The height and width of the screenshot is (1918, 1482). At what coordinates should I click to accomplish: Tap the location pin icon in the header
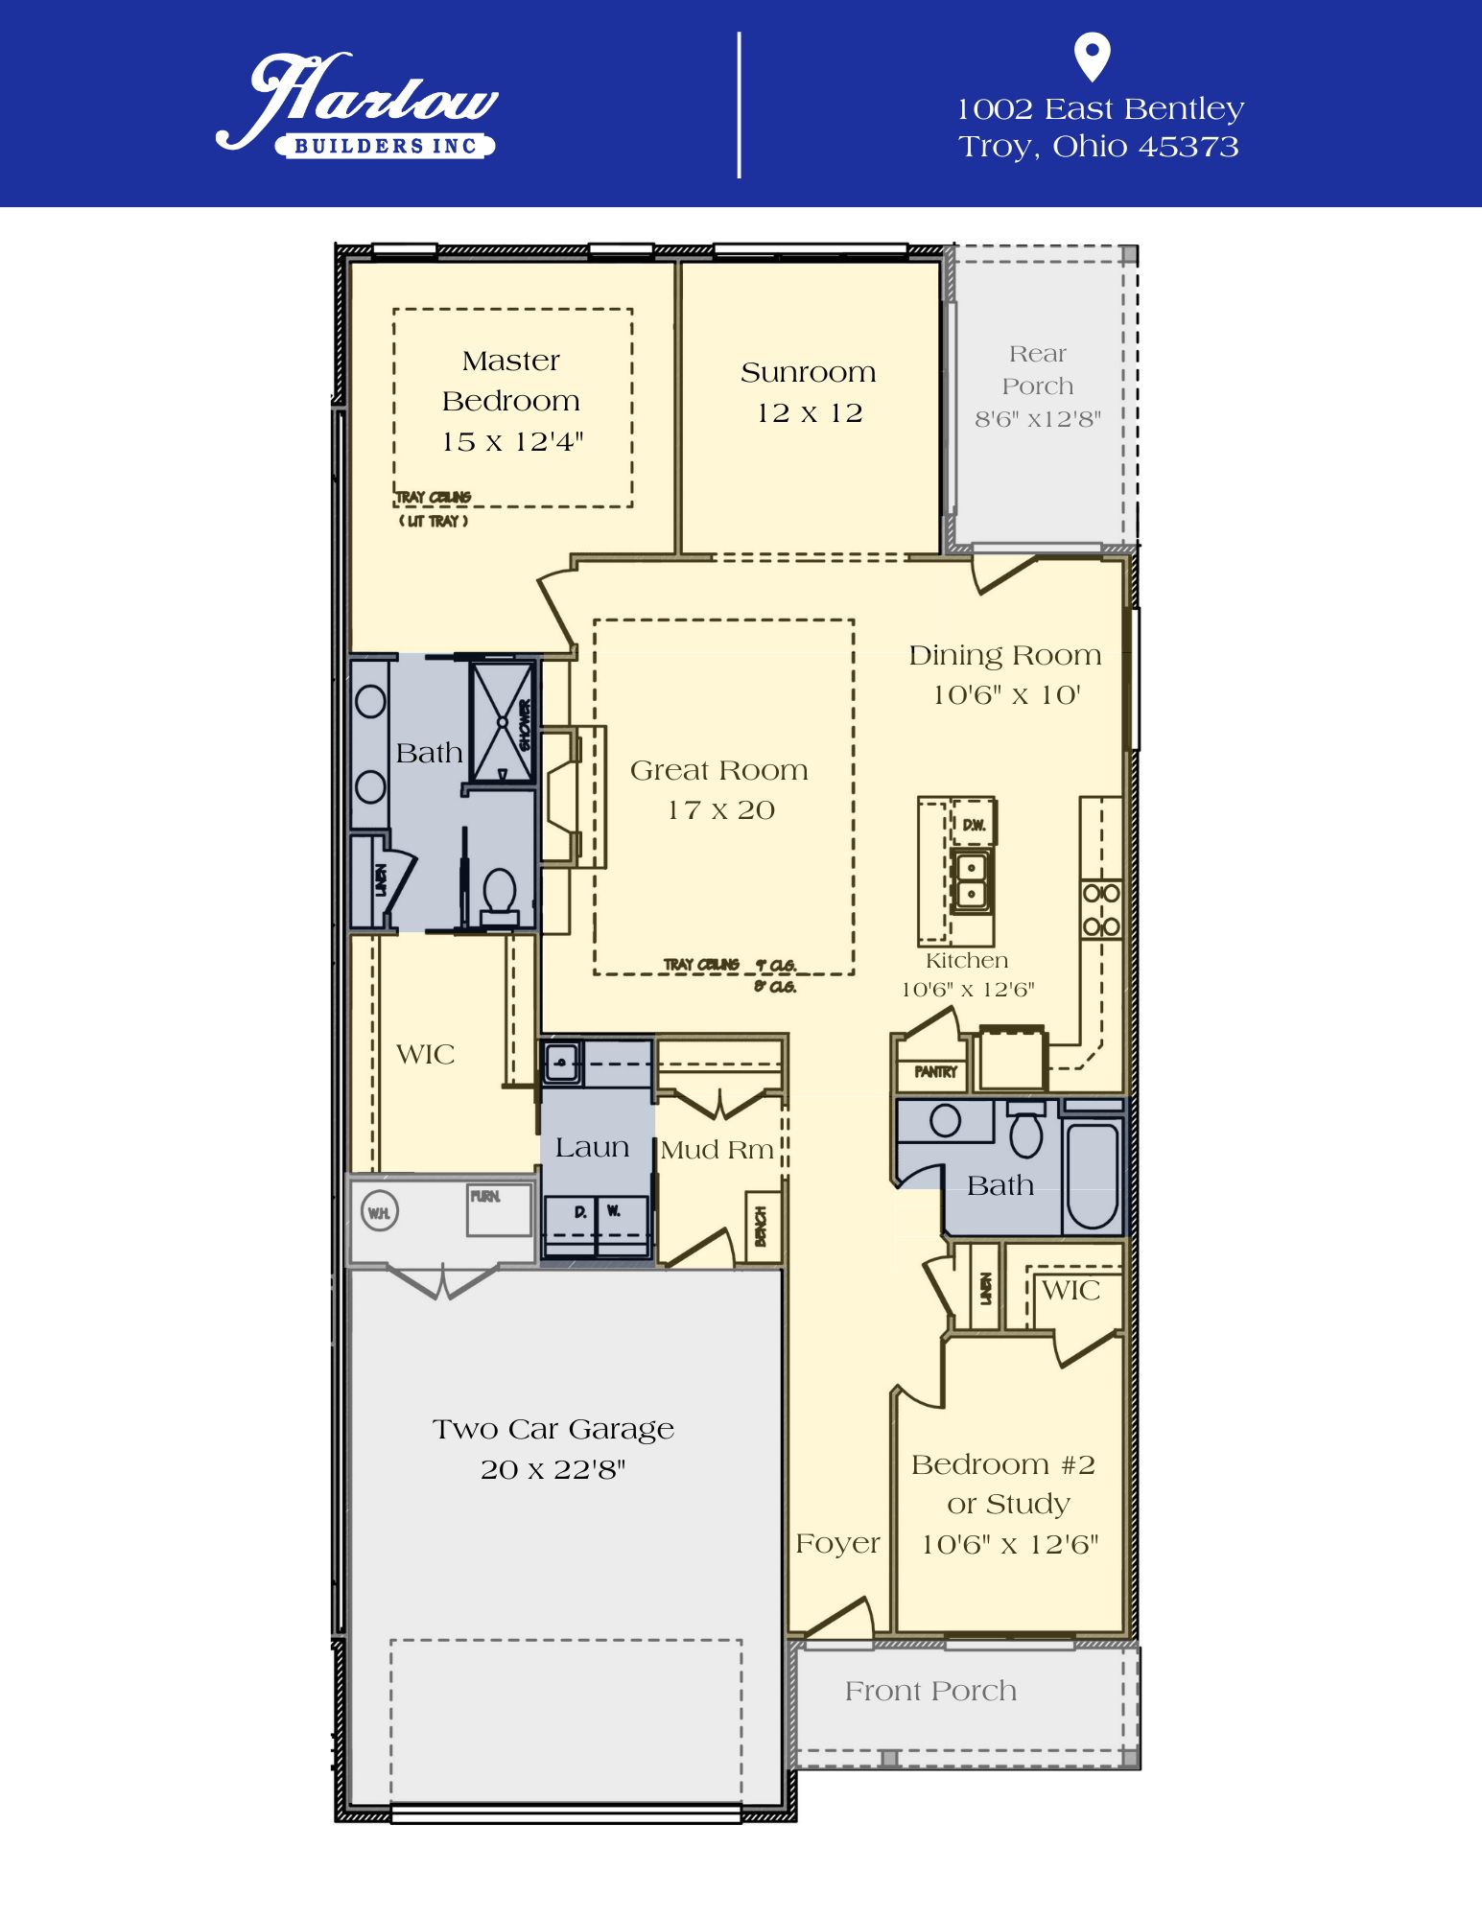click(x=1092, y=57)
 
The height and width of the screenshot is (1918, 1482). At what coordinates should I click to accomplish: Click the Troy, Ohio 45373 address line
click(x=1098, y=147)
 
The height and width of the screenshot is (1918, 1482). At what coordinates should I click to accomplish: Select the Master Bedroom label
click(x=511, y=381)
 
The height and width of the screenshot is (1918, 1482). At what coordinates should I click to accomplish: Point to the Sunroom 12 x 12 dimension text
click(x=809, y=412)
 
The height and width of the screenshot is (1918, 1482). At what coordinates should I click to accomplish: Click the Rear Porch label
click(x=1037, y=370)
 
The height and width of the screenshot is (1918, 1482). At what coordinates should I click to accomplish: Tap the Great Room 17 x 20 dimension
click(x=720, y=810)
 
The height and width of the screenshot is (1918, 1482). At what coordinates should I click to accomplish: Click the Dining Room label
click(x=1004, y=655)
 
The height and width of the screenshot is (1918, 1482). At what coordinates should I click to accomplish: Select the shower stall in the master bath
click(x=502, y=721)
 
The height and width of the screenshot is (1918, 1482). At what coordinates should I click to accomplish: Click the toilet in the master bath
click(x=499, y=894)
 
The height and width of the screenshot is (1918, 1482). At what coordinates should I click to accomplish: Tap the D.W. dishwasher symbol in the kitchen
click(x=974, y=824)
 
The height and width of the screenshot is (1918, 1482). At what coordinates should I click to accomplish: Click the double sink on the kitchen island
click(x=971, y=880)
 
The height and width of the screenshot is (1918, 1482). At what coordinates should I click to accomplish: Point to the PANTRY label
click(x=935, y=1072)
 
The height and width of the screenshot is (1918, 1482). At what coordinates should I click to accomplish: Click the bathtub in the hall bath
click(x=1093, y=1176)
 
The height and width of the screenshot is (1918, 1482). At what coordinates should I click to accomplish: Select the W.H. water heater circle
click(x=379, y=1213)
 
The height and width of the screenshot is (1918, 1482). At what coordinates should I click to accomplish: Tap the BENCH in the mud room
click(x=762, y=1226)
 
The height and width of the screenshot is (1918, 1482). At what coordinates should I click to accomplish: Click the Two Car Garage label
click(x=553, y=1429)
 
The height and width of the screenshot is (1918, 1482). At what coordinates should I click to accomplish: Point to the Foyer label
click(x=836, y=1544)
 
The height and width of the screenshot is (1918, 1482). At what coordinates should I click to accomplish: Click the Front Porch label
click(x=929, y=1691)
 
